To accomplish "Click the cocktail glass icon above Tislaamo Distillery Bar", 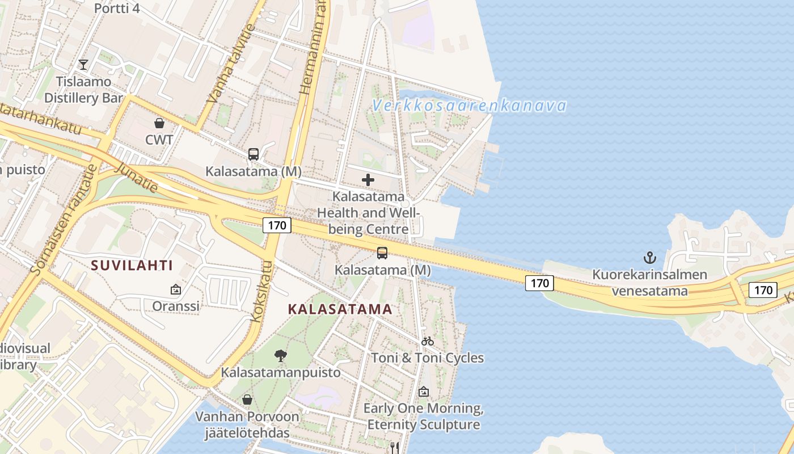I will click(83, 65).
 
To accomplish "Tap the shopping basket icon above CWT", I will click(159, 123).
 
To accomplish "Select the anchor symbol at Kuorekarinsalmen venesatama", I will click(650, 258).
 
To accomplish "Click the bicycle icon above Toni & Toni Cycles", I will click(428, 341).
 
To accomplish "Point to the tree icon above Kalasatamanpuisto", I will click(280, 356).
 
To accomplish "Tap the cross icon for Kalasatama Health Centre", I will click(368, 180).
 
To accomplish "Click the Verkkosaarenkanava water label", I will click(470, 106).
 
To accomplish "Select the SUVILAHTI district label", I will click(132, 265).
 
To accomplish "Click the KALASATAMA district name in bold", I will click(340, 309).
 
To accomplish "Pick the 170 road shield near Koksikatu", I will click(277, 225).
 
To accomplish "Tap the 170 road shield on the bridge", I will click(539, 283).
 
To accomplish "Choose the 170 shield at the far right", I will click(763, 290).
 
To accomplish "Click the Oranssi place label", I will click(176, 306).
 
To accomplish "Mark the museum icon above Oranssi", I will click(176, 289).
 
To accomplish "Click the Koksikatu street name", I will click(262, 291).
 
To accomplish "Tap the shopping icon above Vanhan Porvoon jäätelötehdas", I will click(247, 400).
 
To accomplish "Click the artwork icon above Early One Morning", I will click(424, 392).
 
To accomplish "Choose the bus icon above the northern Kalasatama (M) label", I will click(254, 154).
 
